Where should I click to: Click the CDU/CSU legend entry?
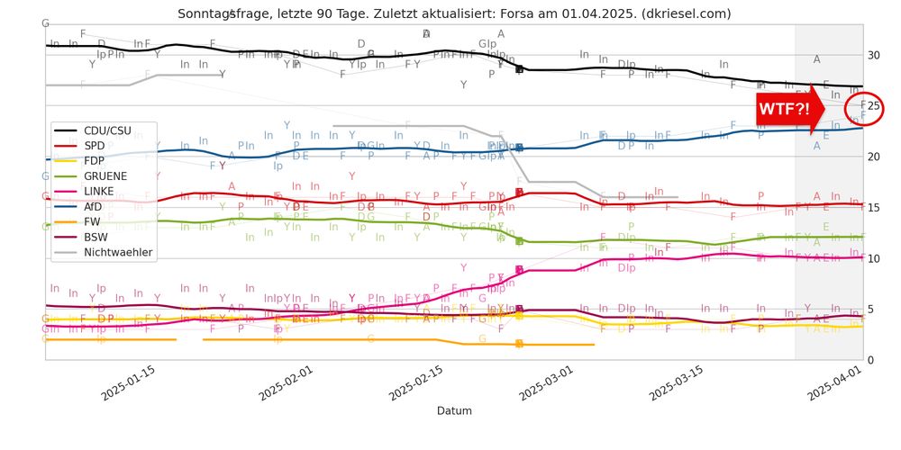[106, 131]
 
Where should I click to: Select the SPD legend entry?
[96, 146]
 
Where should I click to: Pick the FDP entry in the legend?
[96, 161]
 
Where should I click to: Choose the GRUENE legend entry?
[105, 176]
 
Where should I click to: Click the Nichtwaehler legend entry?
[117, 253]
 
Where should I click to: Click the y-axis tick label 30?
[873, 55]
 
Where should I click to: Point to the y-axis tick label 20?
[873, 157]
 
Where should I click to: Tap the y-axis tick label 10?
[873, 258]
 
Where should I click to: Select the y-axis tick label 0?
[870, 360]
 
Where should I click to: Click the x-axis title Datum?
[454, 411]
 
